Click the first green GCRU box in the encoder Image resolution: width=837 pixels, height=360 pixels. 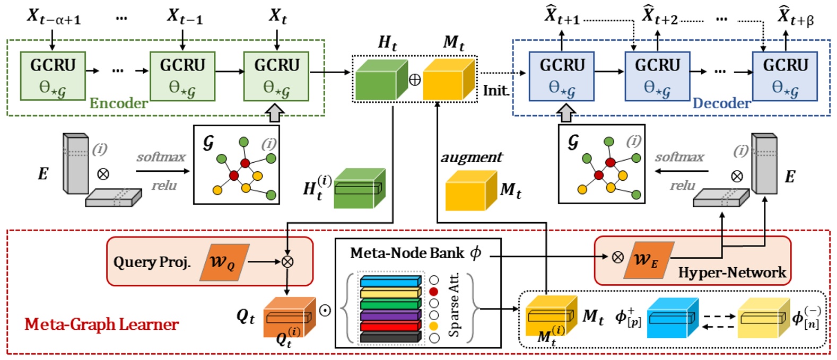pos(53,76)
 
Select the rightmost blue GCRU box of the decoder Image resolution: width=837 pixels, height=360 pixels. pos(785,76)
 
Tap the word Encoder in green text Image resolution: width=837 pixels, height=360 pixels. pos(118,103)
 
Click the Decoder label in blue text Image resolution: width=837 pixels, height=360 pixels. pos(721,103)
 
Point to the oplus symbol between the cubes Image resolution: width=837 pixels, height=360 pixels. pos(415,80)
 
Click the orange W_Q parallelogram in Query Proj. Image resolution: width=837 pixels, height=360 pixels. pos(224,262)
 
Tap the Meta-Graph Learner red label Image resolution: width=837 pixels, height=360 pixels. pos(101,324)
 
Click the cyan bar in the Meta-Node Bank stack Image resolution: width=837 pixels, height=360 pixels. pos(390,282)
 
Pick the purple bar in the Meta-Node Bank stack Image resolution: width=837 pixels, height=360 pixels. pos(390,316)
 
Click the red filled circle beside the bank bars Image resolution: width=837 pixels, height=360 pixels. pos(434,292)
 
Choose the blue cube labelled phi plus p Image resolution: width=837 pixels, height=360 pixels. pos(672,318)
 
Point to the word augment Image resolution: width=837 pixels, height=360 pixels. pos(472,157)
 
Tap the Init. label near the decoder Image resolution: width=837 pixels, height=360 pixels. pos(495,91)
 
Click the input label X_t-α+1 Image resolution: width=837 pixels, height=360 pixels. pos(54,17)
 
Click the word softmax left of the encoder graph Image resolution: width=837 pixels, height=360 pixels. pos(161,157)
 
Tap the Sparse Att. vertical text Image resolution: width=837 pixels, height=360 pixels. pos(454,305)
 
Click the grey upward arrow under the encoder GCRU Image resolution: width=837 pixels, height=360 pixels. pos(276,112)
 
